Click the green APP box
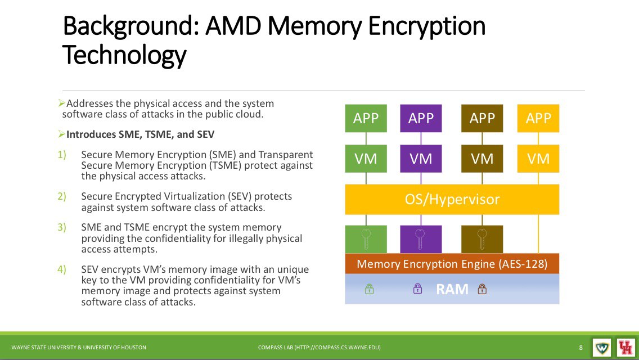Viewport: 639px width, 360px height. (x=366, y=118)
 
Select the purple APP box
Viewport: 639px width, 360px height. (x=421, y=118)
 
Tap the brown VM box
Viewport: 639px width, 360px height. (x=481, y=159)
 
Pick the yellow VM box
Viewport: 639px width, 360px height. (x=538, y=159)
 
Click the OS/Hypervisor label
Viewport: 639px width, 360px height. (x=452, y=199)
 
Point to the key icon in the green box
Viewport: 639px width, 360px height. (x=366, y=238)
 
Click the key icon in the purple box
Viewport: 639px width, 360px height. (x=420, y=238)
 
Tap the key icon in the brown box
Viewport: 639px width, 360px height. (x=482, y=238)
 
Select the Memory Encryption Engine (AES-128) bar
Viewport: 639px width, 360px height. (x=452, y=264)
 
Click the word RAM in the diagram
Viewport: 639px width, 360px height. (x=452, y=289)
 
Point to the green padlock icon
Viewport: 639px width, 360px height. (x=369, y=289)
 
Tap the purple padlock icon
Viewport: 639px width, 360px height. (x=418, y=289)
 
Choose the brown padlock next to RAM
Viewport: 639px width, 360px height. (x=482, y=289)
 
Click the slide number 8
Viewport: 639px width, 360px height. (x=580, y=348)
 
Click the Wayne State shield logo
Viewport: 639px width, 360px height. (x=601, y=348)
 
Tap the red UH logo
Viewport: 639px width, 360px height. (x=625, y=348)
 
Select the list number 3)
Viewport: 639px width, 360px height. (x=61, y=227)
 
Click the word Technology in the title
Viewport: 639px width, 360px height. (x=124, y=55)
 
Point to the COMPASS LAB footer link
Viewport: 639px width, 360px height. (x=319, y=348)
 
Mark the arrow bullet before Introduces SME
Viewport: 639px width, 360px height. (x=61, y=134)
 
